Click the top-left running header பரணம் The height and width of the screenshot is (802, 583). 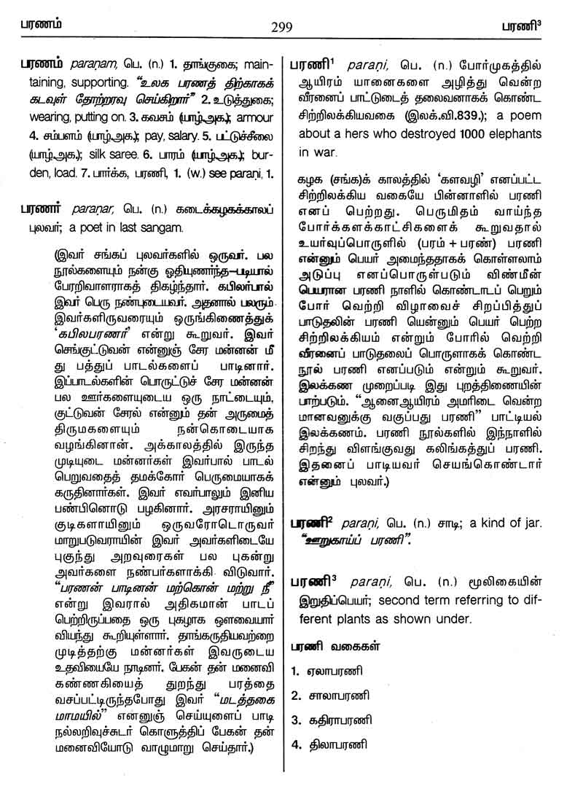pyautogui.click(x=41, y=23)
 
